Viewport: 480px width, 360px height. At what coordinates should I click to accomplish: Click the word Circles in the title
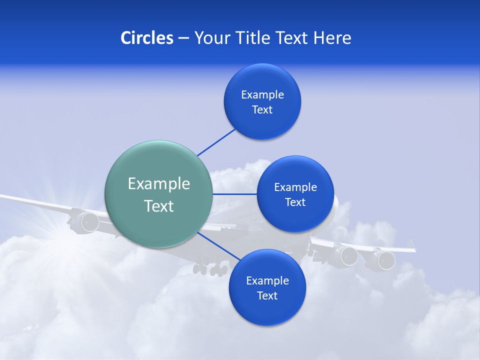pyautogui.click(x=146, y=38)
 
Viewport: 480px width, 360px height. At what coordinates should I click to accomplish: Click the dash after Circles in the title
pyautogui.click(x=183, y=38)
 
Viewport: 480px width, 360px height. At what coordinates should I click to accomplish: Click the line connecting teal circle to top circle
pyautogui.click(x=216, y=142)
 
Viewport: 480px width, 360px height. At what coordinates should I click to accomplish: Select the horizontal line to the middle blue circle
pyautogui.click(x=234, y=194)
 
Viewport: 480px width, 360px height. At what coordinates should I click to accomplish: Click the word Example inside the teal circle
pyautogui.click(x=158, y=184)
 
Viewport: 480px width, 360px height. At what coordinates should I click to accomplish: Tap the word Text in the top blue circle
pyautogui.click(x=262, y=110)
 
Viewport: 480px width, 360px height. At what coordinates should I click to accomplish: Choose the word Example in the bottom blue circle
pyautogui.click(x=267, y=280)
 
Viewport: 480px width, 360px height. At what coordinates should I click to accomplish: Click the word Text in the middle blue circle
pyautogui.click(x=295, y=202)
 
